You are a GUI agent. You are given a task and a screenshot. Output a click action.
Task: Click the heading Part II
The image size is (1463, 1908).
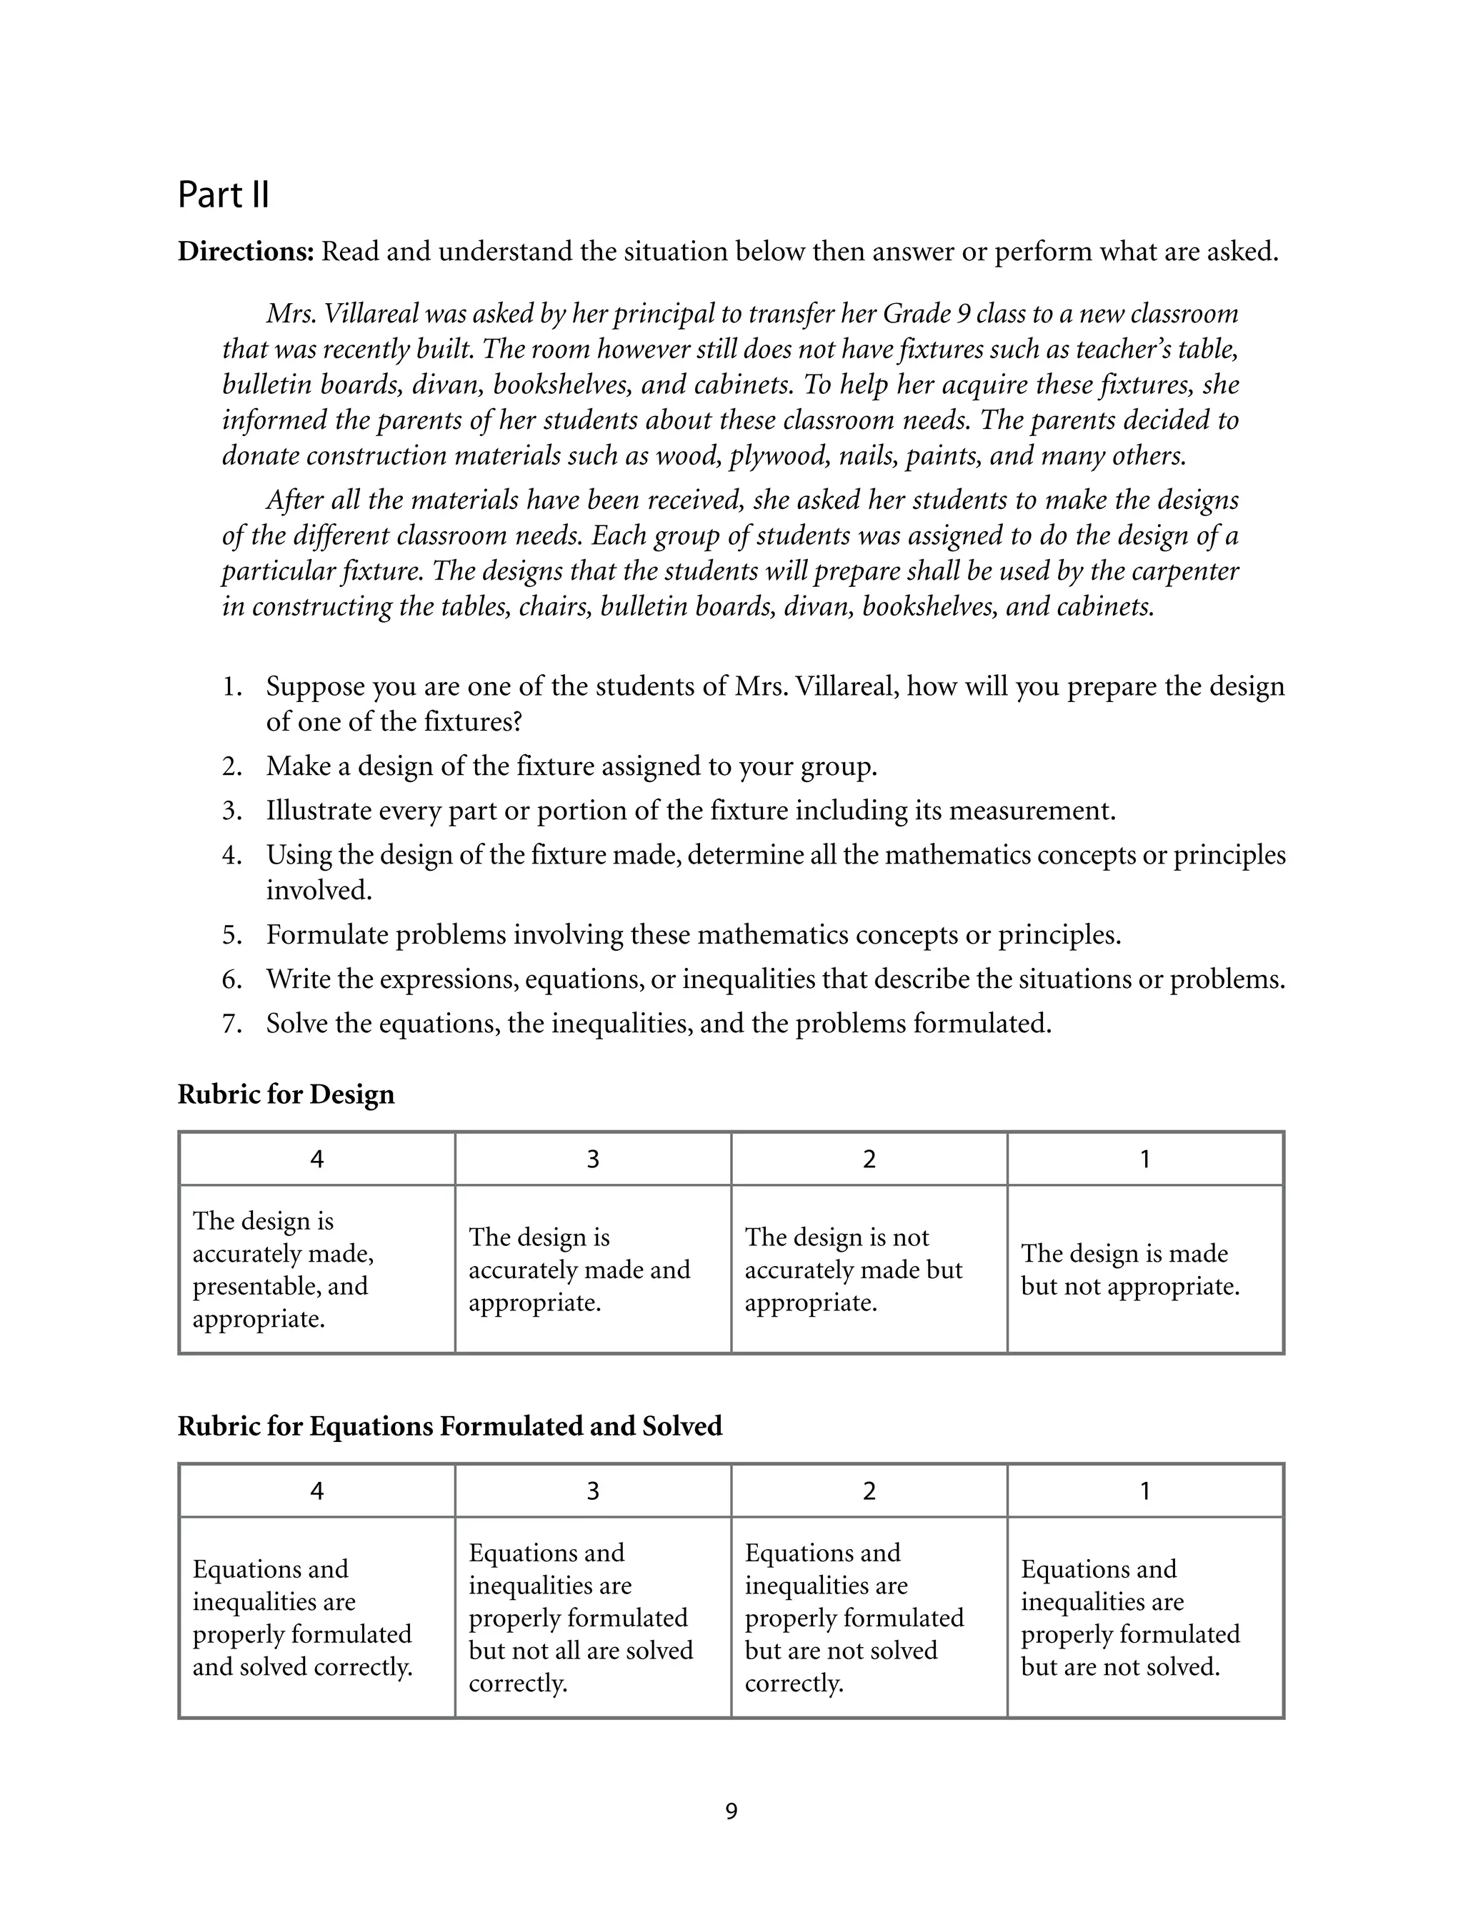223,194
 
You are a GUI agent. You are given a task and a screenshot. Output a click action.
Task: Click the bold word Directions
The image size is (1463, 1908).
245,252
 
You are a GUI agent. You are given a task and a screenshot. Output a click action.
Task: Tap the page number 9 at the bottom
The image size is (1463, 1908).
731,1811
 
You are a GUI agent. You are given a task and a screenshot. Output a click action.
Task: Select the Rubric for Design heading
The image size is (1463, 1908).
286,1094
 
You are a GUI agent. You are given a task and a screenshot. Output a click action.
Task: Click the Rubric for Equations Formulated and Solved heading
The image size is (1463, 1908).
449,1426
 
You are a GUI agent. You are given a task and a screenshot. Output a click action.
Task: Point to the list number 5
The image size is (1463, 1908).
231,936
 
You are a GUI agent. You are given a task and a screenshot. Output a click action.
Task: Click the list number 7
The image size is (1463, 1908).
231,1024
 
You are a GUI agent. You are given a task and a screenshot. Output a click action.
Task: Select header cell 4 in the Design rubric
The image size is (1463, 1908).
317,1160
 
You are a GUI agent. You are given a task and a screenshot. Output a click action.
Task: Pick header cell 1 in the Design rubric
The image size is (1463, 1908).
1145,1160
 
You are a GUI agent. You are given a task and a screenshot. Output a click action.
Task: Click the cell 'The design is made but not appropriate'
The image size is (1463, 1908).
1145,1270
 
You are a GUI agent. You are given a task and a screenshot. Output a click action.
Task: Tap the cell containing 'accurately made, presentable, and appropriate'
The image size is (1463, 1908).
317,1270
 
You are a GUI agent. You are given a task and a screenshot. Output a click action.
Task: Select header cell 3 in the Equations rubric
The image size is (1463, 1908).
593,1491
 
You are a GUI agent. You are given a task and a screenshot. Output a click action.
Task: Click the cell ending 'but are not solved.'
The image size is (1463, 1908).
1145,1618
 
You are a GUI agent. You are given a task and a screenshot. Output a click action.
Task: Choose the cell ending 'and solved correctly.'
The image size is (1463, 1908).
317,1618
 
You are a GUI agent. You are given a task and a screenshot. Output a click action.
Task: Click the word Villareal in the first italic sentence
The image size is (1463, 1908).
372,314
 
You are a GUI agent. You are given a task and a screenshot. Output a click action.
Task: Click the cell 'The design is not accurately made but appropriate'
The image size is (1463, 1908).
869,1270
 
